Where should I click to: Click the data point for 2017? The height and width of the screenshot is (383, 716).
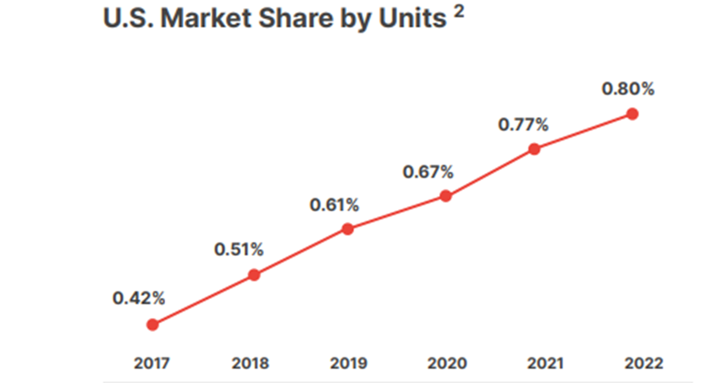pos(152,325)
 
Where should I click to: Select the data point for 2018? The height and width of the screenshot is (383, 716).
pos(254,275)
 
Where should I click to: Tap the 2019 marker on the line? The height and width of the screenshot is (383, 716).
pos(348,229)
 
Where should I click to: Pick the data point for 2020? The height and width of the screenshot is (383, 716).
pos(445,196)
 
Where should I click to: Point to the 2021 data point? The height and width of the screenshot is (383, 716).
pos(535,149)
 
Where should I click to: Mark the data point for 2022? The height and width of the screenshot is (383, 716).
pos(632,114)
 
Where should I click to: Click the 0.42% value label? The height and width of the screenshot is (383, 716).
pos(139,299)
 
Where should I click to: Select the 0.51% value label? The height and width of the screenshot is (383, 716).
pos(239,250)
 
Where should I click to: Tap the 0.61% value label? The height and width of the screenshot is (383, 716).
pos(334,205)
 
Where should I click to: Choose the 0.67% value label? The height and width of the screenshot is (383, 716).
pos(428,172)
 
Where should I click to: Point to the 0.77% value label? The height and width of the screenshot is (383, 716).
pos(524,125)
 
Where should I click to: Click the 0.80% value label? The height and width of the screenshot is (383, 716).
pos(628,89)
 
